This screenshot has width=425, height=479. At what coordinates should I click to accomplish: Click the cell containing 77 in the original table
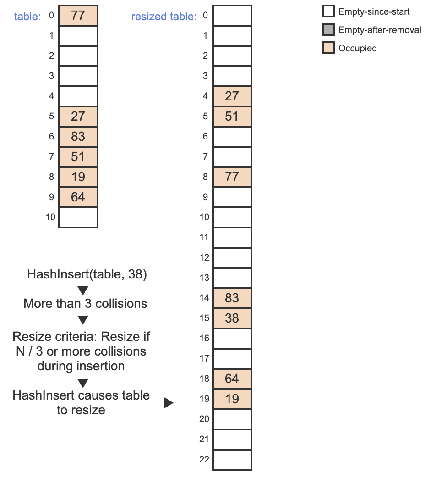click(78, 15)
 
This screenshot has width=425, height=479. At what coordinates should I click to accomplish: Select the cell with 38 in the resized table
click(232, 318)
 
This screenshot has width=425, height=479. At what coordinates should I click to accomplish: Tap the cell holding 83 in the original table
click(78, 136)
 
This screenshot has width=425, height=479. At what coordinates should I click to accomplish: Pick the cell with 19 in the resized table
click(232, 399)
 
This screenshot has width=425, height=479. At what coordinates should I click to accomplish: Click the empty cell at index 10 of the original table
click(78, 217)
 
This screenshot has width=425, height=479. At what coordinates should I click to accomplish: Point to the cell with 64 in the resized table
click(232, 379)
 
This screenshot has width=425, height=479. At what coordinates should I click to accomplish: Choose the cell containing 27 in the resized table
click(232, 96)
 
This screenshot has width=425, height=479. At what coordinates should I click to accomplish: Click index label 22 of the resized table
click(204, 459)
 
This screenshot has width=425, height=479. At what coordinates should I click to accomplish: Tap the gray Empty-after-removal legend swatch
click(328, 30)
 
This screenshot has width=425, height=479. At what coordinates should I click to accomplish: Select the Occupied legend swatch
click(328, 48)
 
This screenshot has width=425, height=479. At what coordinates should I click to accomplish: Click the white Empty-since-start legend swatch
click(328, 11)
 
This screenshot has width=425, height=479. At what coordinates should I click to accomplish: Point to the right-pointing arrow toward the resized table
click(169, 403)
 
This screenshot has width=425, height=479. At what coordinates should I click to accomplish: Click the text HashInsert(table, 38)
click(87, 274)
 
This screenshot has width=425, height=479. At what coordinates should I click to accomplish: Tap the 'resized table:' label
click(164, 17)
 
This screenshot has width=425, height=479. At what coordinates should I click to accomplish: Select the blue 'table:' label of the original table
click(27, 17)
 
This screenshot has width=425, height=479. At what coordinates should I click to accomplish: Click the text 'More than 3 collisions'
click(85, 304)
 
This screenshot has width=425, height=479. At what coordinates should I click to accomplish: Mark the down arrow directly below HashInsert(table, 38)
click(83, 290)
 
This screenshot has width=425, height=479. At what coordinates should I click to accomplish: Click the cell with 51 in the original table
click(78, 156)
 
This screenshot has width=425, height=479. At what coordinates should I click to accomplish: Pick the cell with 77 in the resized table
click(232, 177)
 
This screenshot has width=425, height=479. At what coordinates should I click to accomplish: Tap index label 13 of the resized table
click(204, 278)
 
